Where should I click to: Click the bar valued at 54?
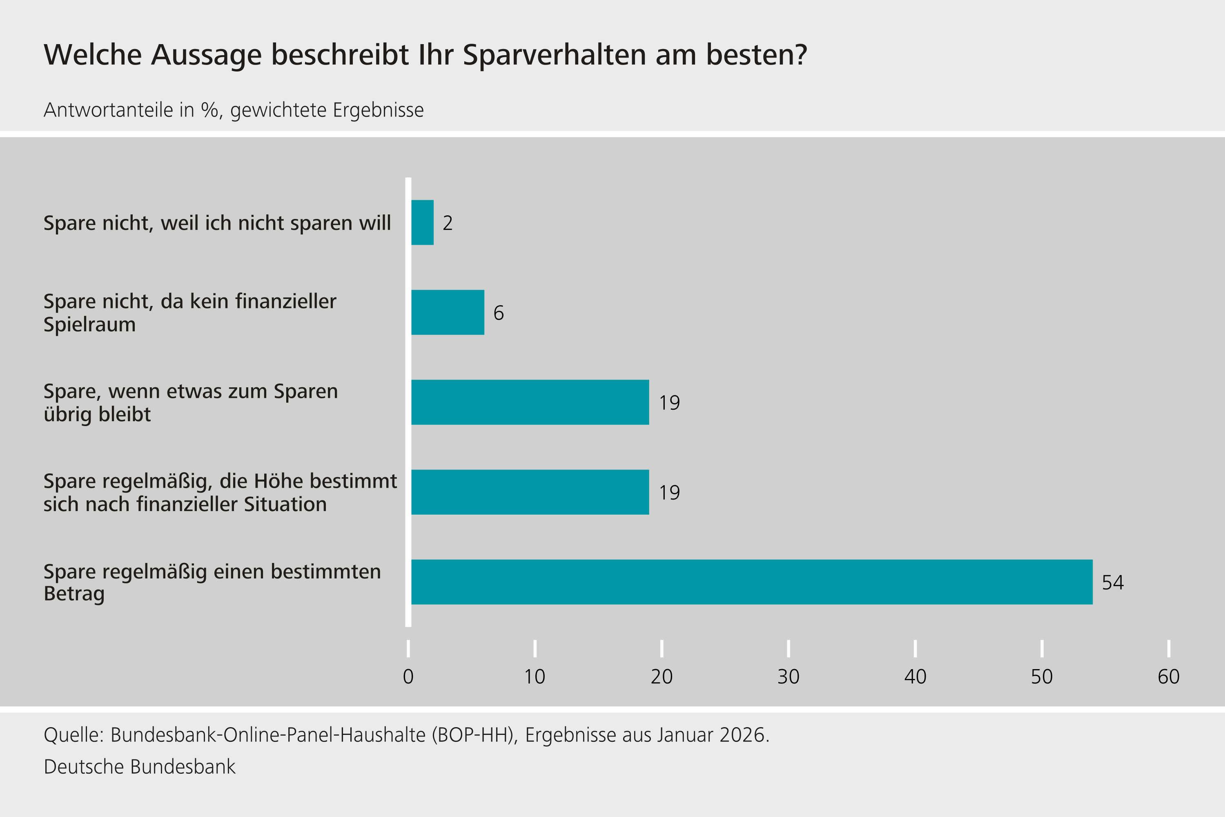[x=752, y=582]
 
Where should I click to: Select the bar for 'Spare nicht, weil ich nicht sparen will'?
[x=422, y=223]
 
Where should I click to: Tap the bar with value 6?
[x=448, y=312]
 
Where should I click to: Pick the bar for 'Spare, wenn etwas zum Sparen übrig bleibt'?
[x=530, y=402]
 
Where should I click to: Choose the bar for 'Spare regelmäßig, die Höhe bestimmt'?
[x=530, y=492]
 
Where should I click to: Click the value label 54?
[x=1113, y=583]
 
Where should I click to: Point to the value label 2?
[x=448, y=223]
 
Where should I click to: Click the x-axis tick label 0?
[x=408, y=677]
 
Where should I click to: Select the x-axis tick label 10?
[x=535, y=677]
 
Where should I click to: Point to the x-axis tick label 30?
[x=788, y=677]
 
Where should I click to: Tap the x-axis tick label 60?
[x=1168, y=677]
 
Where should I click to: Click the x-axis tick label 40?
[x=915, y=677]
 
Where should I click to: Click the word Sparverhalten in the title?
[x=554, y=55]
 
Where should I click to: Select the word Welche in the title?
[x=93, y=55]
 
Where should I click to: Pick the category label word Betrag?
[x=74, y=594]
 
